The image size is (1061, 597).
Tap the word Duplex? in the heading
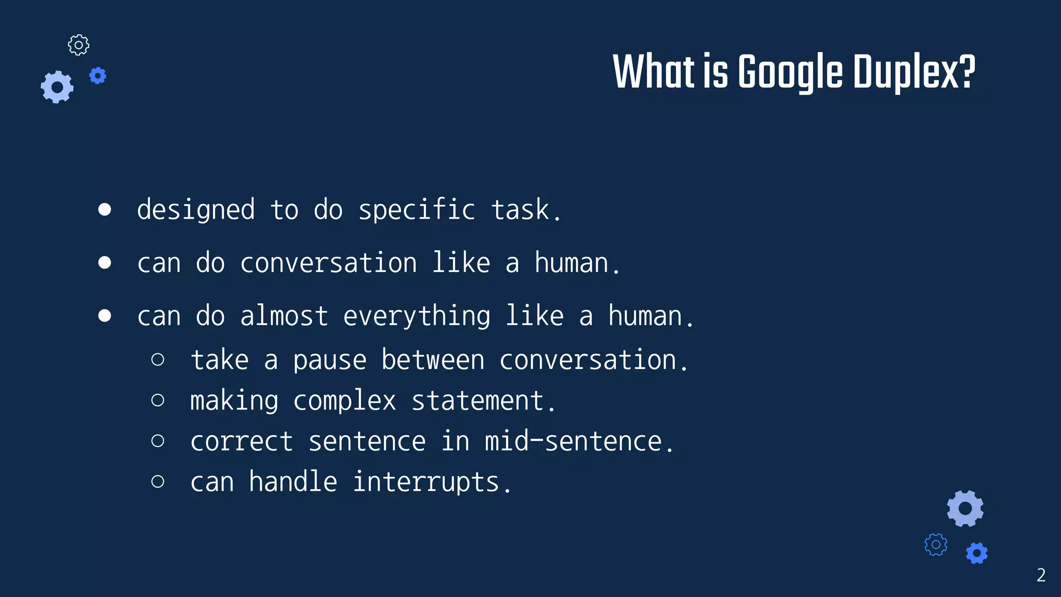coord(914,73)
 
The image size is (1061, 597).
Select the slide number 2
coord(1041,575)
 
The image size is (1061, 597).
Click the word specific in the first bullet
coord(417,210)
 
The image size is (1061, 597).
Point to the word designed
coord(196,210)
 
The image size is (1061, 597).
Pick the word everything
coord(417,317)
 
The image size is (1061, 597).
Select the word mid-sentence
coord(579,442)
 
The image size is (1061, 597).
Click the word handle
coord(293,481)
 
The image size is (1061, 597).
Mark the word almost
coord(284,316)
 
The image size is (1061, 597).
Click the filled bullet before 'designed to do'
coord(105,209)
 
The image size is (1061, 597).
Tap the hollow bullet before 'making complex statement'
coord(158,400)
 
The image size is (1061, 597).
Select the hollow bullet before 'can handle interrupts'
coord(158,481)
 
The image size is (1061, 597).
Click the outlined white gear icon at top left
coord(79,45)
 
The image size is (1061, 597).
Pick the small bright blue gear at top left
coord(97,76)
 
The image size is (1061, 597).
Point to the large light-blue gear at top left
coord(57,87)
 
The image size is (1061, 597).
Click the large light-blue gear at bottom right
coord(965,508)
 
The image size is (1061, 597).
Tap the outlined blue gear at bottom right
coord(936,545)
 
